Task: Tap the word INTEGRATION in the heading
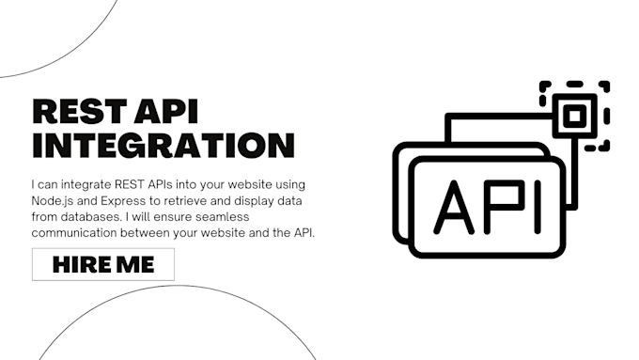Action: (164, 146)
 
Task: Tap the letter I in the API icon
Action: (538, 208)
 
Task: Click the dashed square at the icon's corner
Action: (574, 116)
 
